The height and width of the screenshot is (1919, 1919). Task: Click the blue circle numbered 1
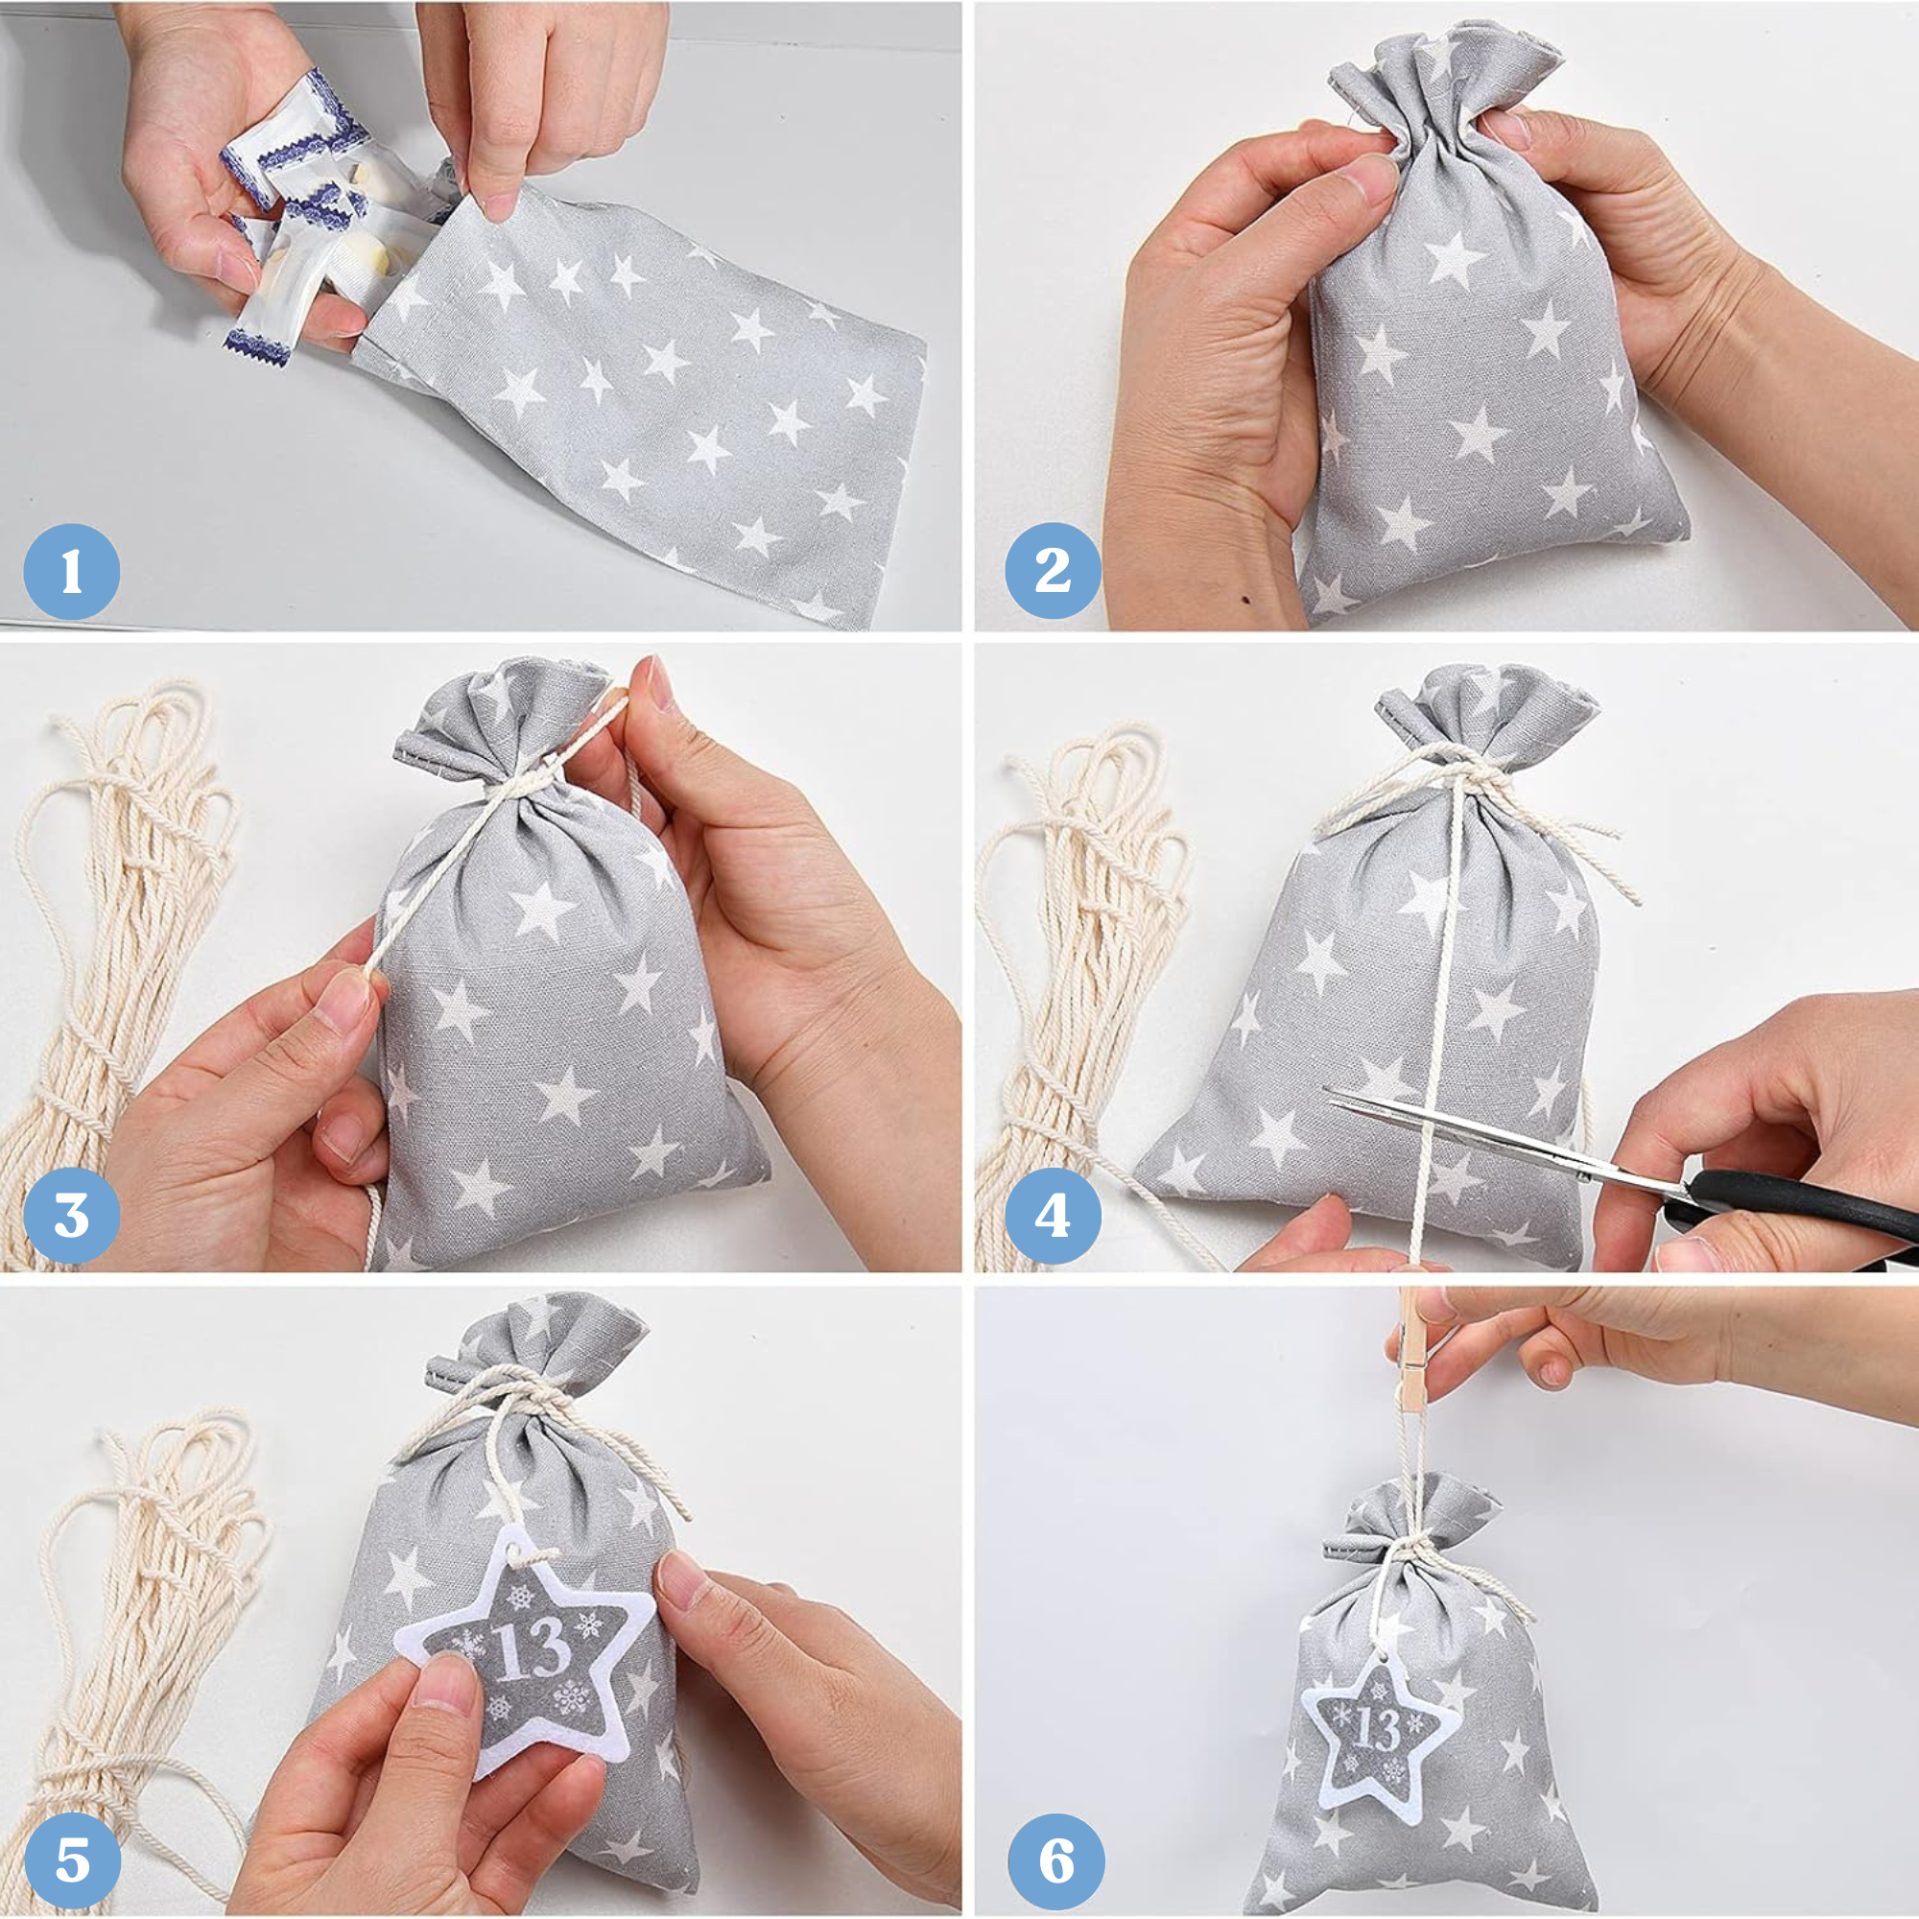(x=72, y=571)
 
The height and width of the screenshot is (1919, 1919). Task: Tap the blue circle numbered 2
(x=1053, y=570)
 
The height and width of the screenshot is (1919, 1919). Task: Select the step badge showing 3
(x=72, y=1216)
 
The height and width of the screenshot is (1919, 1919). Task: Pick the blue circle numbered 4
(x=1053, y=1216)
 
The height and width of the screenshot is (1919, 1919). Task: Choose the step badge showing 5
(x=72, y=1860)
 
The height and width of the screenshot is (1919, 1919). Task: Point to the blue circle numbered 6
(x=1055, y=1860)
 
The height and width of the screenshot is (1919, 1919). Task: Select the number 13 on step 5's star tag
(x=528, y=1649)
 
